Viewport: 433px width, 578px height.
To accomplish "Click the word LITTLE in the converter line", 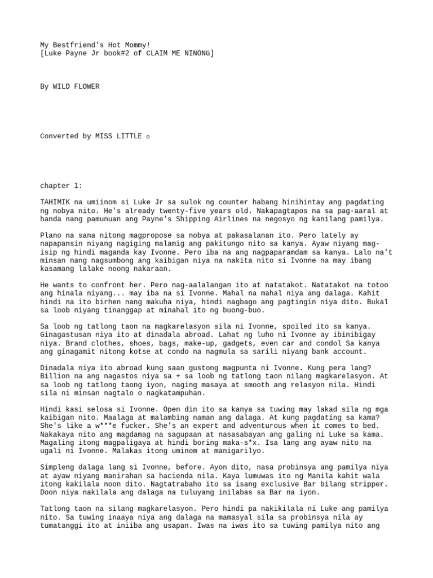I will [x=128, y=136].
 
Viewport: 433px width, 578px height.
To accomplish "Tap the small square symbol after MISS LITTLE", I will [x=148, y=137].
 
